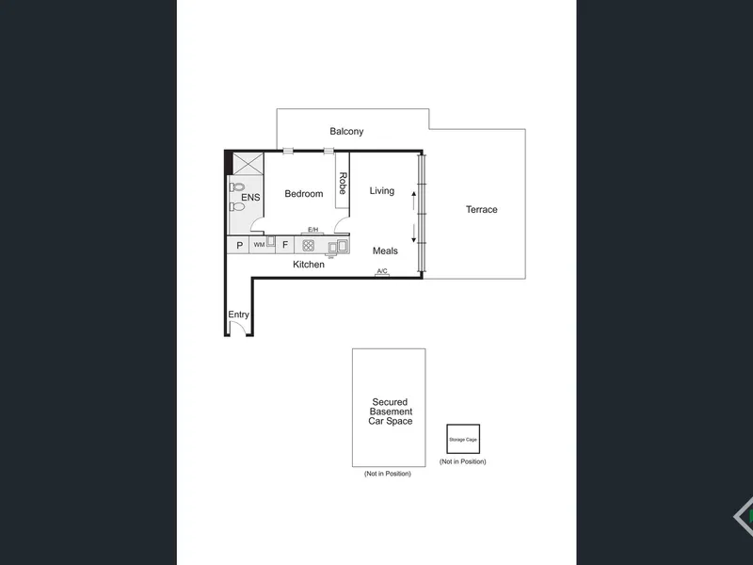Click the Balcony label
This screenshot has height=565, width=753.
click(x=346, y=131)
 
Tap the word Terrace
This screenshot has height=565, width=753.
click(x=481, y=209)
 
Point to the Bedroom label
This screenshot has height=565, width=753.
click(x=303, y=194)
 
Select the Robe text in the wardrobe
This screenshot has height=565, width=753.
click(x=343, y=183)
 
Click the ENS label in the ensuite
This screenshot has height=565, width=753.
click(x=250, y=198)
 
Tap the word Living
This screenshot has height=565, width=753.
click(x=382, y=191)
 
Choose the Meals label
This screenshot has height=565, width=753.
click(x=385, y=250)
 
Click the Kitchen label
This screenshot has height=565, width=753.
click(x=309, y=265)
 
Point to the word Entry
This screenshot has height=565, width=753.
click(x=238, y=315)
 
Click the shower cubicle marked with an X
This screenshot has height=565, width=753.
click(x=248, y=164)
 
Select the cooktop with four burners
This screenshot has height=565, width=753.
click(x=309, y=246)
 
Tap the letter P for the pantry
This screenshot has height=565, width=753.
click(x=240, y=246)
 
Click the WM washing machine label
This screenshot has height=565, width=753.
click(x=260, y=245)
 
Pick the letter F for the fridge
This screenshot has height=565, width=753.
click(x=285, y=245)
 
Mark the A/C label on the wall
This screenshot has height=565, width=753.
click(x=382, y=271)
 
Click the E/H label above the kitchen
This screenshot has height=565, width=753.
click(x=313, y=230)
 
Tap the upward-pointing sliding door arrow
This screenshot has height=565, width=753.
click(x=414, y=201)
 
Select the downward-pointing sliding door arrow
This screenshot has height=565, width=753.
click(x=414, y=234)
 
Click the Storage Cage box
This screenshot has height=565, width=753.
click(x=463, y=439)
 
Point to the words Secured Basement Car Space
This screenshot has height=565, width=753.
click(x=391, y=412)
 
